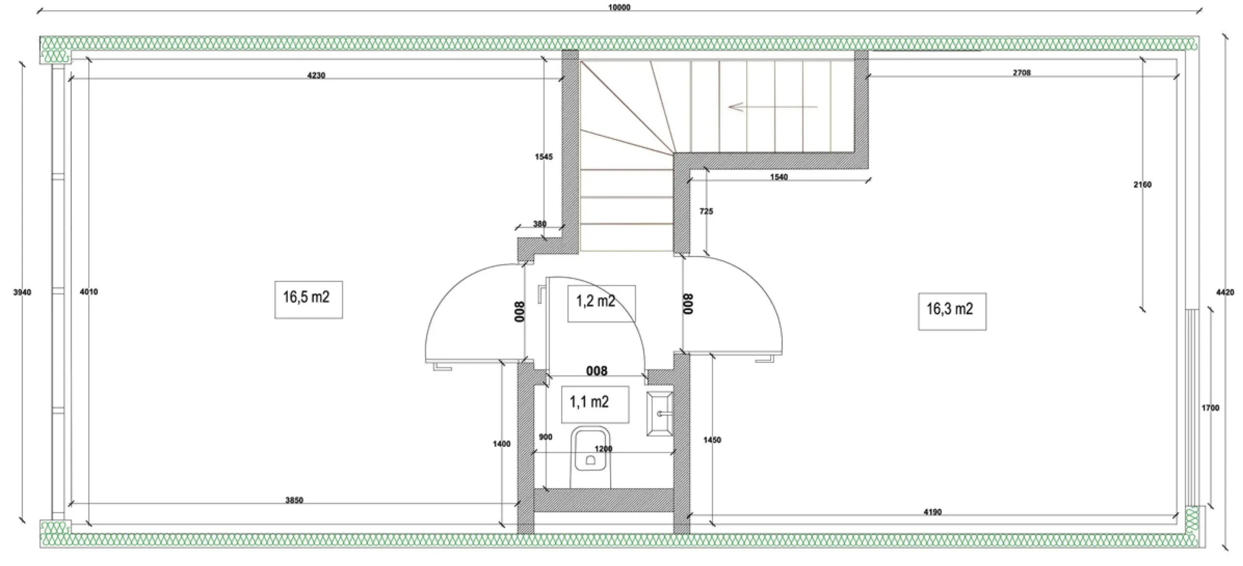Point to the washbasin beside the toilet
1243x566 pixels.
(x=660, y=413)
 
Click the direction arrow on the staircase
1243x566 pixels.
(x=773, y=107)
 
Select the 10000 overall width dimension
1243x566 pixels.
(x=619, y=7)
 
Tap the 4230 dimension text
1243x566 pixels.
(x=316, y=75)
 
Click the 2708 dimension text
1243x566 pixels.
(x=1022, y=72)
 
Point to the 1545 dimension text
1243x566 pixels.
(x=544, y=156)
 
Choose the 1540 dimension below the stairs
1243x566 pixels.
(x=779, y=177)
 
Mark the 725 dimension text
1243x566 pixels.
(x=706, y=211)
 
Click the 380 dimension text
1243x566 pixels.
(x=539, y=224)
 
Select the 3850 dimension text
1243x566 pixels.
(x=294, y=500)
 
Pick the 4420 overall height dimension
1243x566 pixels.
(x=1225, y=292)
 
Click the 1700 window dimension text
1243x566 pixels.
(x=1210, y=408)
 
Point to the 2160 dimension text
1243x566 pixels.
(x=1142, y=184)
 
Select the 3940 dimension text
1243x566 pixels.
(x=22, y=292)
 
